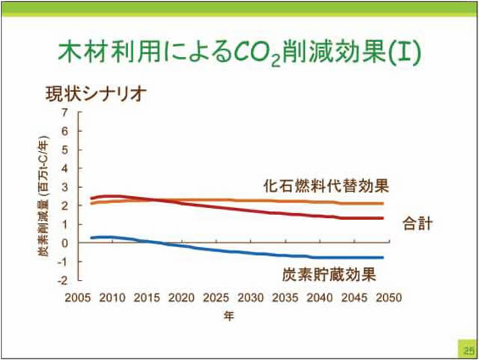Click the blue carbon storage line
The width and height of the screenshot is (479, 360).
(225, 250)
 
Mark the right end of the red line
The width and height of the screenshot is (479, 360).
(382, 219)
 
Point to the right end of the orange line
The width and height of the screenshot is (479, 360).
(382, 204)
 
